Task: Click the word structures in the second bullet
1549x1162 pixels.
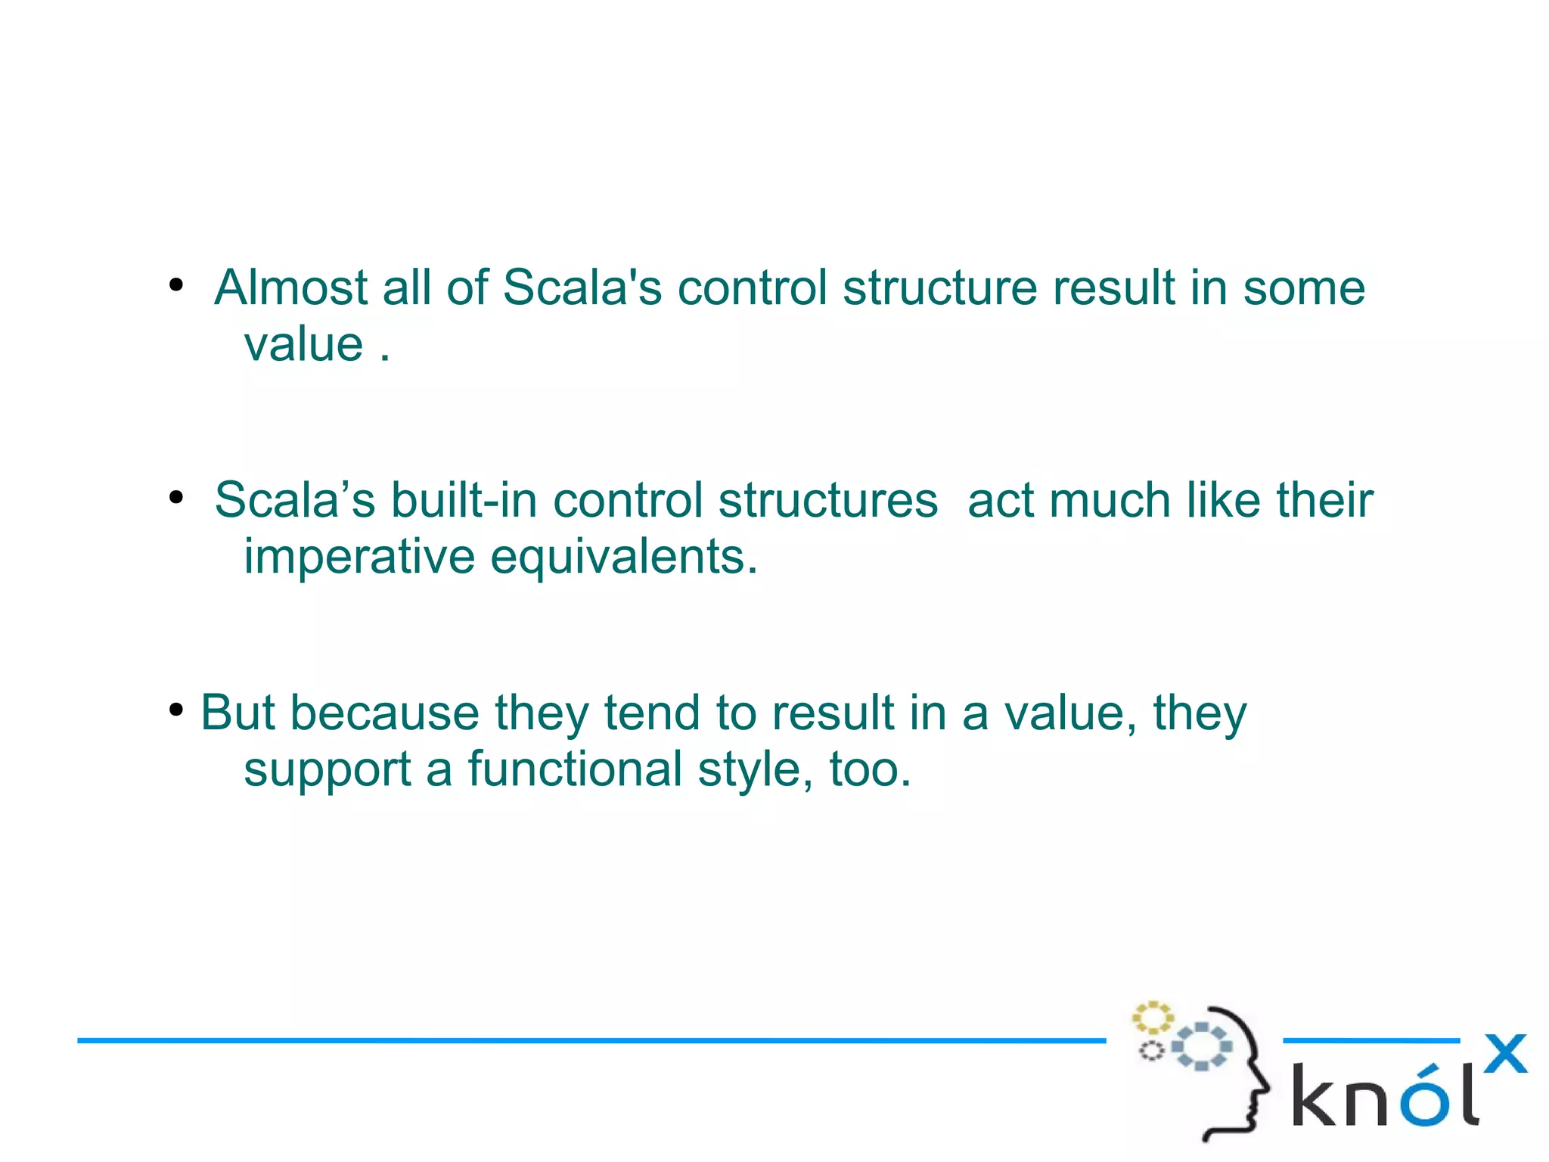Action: [828, 501]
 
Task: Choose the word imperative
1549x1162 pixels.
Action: [359, 558]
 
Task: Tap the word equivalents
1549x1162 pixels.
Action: [623, 558]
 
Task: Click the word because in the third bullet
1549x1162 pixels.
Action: [385, 713]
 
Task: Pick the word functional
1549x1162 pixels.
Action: [575, 769]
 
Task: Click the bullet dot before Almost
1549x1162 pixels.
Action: [176, 286]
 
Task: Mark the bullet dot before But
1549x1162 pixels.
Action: [176, 710]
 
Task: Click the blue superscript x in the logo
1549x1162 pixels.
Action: [1505, 1054]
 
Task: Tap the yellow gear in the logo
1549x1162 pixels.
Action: [1152, 1018]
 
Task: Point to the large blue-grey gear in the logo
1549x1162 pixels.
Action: [1202, 1046]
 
